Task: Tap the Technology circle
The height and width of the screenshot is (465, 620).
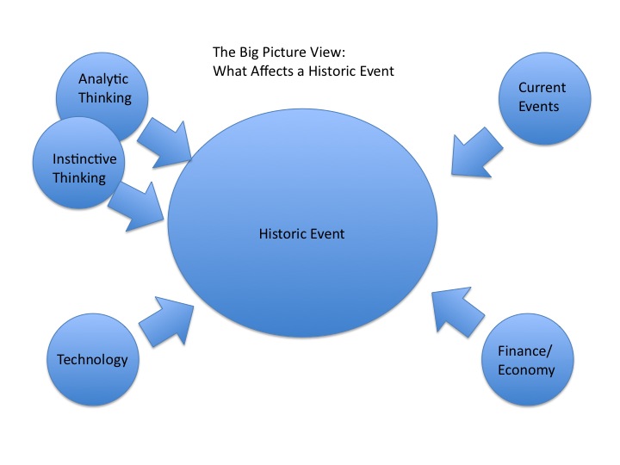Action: (91, 360)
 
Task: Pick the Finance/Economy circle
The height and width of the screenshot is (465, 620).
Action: (525, 362)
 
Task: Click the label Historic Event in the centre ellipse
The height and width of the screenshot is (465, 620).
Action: (301, 233)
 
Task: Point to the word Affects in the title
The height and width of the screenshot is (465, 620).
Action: (274, 71)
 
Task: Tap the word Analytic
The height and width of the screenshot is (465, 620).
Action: (105, 79)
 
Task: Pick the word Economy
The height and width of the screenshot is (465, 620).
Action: (526, 370)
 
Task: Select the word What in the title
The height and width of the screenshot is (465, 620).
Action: (229, 71)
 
